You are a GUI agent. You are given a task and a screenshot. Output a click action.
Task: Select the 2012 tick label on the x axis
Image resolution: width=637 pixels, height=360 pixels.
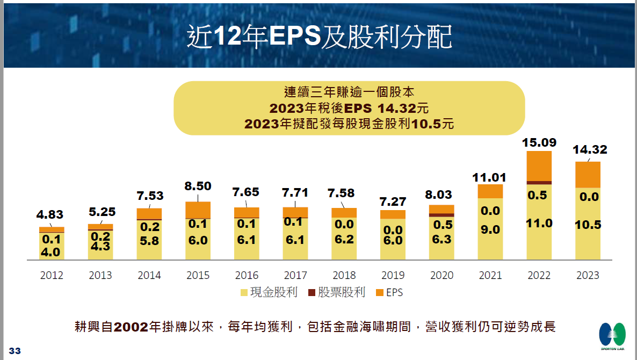click(52, 275)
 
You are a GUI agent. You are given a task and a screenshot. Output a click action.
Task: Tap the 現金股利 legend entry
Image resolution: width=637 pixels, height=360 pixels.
click(269, 293)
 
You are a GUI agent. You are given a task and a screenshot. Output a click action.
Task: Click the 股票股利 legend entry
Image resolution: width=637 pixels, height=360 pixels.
click(336, 293)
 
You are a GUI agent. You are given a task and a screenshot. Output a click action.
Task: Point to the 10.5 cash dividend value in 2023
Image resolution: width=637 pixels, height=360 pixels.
click(588, 225)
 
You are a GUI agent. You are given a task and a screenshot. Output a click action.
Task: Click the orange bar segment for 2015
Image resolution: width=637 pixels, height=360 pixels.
click(198, 210)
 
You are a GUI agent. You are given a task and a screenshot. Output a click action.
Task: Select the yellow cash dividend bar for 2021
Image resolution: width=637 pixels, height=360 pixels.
click(490, 229)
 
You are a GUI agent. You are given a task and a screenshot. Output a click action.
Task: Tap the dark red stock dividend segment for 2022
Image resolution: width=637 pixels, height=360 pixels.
click(539, 183)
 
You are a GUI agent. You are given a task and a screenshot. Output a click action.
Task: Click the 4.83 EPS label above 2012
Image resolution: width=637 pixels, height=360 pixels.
click(50, 214)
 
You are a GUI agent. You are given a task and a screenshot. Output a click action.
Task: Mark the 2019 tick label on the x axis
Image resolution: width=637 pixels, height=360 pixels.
click(393, 275)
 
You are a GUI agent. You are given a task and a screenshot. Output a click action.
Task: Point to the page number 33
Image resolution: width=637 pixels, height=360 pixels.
click(15, 351)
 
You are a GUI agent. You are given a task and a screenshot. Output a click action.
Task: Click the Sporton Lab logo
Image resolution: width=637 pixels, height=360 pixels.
click(612, 336)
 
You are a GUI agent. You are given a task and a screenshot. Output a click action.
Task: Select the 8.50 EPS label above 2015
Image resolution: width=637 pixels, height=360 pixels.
click(197, 186)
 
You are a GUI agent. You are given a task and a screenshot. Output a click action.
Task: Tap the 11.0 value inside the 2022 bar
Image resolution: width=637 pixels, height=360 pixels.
click(539, 223)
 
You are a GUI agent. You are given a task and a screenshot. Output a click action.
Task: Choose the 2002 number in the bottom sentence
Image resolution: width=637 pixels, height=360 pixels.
click(131, 327)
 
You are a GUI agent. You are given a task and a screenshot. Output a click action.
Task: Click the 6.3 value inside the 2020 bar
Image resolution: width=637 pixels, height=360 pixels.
click(441, 239)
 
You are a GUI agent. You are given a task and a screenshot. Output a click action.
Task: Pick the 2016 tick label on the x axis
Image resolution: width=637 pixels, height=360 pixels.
click(247, 275)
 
